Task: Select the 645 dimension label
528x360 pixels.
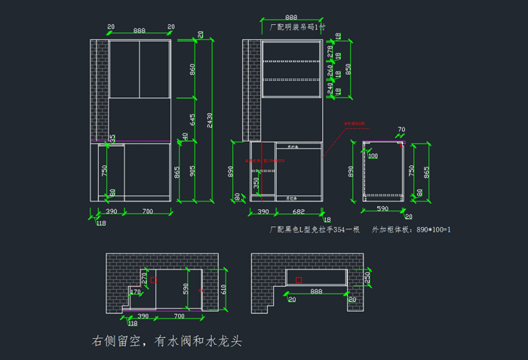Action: (192, 119)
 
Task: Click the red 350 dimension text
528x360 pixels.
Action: (256, 182)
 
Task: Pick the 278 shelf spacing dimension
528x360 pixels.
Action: (330, 50)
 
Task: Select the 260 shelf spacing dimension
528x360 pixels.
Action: (330, 70)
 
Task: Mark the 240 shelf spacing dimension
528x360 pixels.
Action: (330, 88)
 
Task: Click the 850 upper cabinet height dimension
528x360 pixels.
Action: (348, 68)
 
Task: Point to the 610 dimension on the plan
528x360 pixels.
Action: (223, 288)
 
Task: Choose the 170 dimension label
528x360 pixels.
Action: (136, 291)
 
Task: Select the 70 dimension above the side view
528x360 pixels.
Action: (401, 130)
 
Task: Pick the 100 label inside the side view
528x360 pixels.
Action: (373, 156)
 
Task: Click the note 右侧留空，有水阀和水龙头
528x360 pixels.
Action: (166, 342)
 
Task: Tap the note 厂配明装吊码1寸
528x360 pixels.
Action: (298, 26)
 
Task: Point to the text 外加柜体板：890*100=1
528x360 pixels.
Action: (411, 229)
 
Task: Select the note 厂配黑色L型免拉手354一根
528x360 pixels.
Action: (314, 229)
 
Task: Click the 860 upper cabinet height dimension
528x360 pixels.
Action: (192, 69)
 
